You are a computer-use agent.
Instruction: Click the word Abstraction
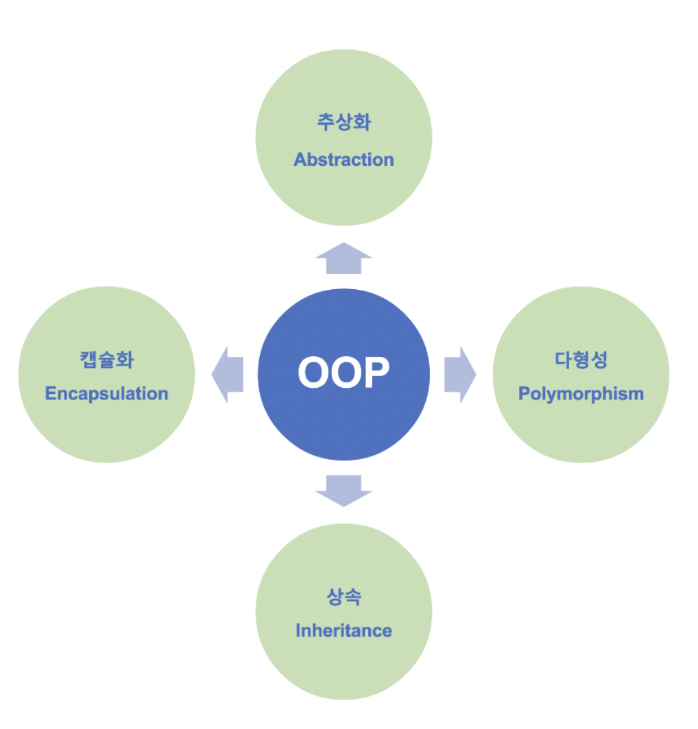(344, 160)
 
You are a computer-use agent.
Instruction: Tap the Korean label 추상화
(344, 123)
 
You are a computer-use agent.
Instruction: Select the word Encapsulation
(106, 394)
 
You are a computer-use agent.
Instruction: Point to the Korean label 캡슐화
(106, 360)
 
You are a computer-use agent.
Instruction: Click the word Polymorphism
(581, 394)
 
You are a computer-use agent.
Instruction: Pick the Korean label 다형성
(581, 360)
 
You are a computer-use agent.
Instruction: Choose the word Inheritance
(344, 630)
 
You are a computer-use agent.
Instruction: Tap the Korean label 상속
(344, 596)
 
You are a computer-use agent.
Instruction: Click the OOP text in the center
(344, 373)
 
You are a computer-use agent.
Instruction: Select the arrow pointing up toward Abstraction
(344, 259)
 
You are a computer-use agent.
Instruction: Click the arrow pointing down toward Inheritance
(344, 489)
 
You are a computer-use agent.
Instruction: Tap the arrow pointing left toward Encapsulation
(228, 374)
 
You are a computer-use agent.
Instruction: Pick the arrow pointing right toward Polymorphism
(459, 374)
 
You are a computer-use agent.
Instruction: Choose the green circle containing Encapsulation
(106, 432)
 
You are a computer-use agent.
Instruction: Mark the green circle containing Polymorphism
(581, 432)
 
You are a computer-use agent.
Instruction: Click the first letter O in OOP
(313, 373)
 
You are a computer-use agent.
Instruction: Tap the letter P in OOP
(376, 373)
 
